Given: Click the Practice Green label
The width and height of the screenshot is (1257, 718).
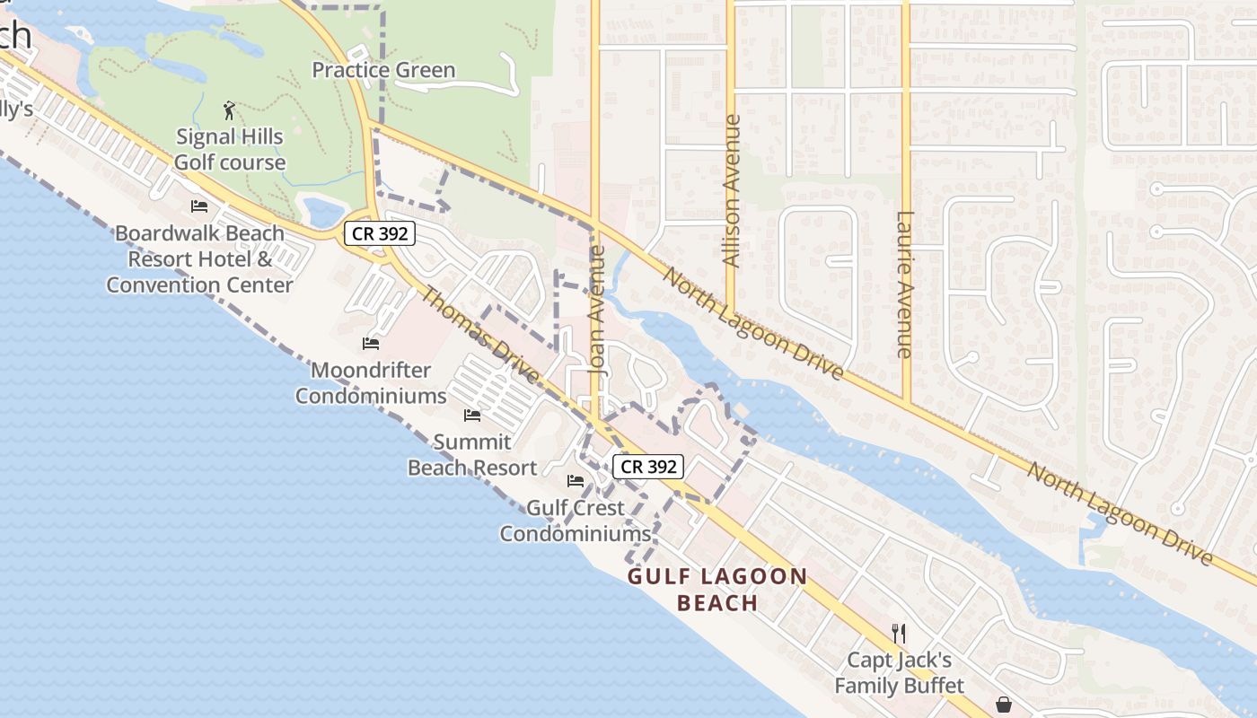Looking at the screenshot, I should click(x=383, y=70).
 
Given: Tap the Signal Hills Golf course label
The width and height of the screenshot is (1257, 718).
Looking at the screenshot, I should click(x=230, y=150).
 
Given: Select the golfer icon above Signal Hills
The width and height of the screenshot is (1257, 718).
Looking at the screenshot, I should click(x=229, y=110).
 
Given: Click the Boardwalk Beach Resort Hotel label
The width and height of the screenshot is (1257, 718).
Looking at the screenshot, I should click(x=199, y=259).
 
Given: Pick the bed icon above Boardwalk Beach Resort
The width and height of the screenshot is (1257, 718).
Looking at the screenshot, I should click(x=199, y=206).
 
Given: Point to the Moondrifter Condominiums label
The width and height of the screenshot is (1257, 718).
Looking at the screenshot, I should click(x=371, y=383).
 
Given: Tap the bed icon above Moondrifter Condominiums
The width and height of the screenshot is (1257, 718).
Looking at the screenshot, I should click(x=370, y=343).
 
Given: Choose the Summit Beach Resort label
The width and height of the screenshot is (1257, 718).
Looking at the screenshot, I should click(x=472, y=455).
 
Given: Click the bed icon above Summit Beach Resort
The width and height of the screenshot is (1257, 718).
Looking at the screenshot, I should click(x=471, y=415).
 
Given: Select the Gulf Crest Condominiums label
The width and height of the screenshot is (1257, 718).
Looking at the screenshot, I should click(x=575, y=521).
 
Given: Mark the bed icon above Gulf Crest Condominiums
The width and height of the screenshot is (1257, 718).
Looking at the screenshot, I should click(x=576, y=481).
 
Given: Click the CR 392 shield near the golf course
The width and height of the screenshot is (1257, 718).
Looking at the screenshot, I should click(x=380, y=234).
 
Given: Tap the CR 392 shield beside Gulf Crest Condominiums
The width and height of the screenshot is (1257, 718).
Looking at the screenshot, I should click(x=649, y=467).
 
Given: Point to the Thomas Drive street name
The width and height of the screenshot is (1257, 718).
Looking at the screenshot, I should click(x=480, y=335).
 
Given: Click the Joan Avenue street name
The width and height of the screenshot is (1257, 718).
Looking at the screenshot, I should click(x=597, y=310).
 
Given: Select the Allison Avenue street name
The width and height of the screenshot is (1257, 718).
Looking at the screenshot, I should click(x=732, y=190).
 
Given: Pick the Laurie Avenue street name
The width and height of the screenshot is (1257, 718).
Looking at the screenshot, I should click(x=905, y=285).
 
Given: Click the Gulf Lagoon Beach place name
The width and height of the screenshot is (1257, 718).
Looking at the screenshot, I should click(x=717, y=589).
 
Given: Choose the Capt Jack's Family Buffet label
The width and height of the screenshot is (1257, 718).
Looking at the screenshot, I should click(x=900, y=673).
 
